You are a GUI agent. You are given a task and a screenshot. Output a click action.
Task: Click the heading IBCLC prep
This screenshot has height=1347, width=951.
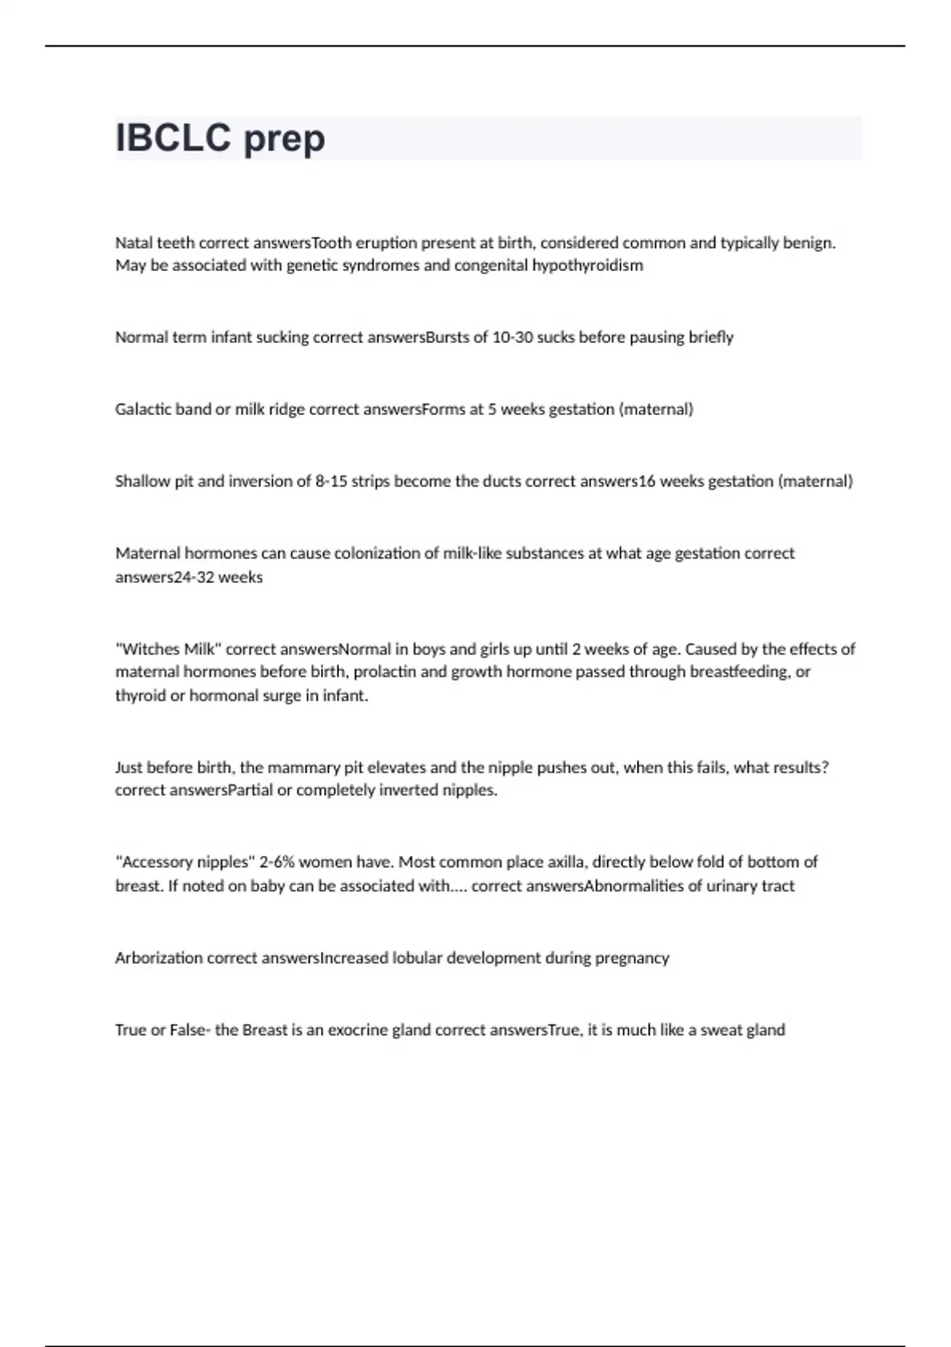pyautogui.click(x=220, y=139)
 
